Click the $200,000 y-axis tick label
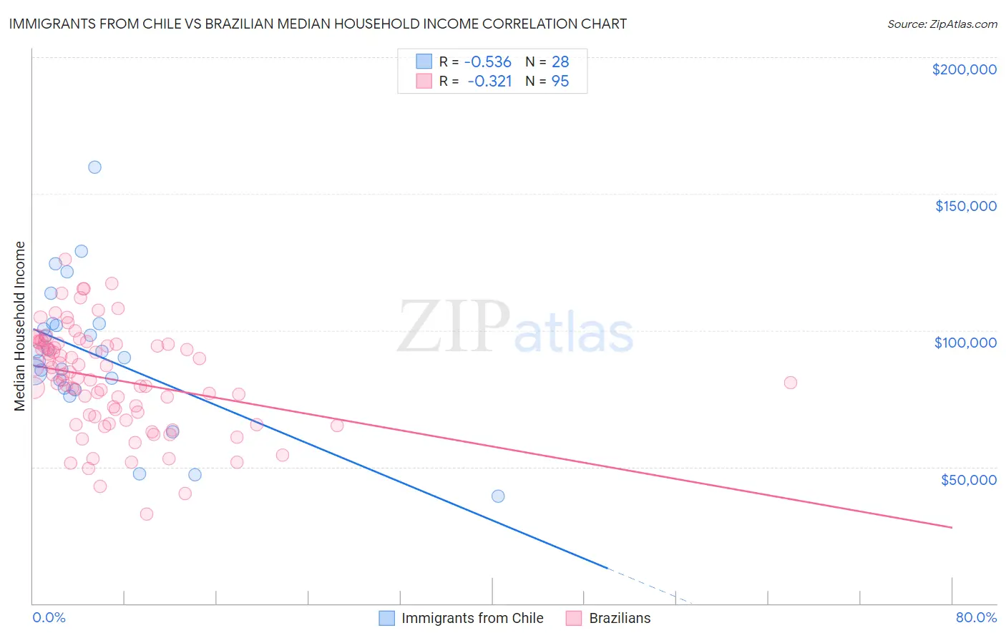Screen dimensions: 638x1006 point(964,69)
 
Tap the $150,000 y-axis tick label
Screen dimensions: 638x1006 point(965,206)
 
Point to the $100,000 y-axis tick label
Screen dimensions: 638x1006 point(965,343)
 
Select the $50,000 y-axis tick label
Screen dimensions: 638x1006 point(968,479)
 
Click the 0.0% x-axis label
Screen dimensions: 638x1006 point(49,617)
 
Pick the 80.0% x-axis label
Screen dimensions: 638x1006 point(976,617)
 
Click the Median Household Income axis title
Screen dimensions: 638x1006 point(20,326)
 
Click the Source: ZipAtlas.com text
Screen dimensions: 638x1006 point(942,24)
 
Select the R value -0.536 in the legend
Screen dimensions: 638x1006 point(487,62)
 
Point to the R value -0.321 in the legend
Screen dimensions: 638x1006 point(489,82)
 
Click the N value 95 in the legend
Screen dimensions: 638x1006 point(560,82)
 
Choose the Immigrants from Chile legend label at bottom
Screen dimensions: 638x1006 point(472,618)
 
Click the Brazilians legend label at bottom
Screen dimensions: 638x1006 point(620,618)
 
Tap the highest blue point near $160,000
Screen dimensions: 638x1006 point(94,167)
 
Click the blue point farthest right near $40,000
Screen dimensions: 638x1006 point(498,496)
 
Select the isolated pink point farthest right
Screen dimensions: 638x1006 point(791,383)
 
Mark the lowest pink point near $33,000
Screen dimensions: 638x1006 point(147,514)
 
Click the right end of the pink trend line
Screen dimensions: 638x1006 point(952,527)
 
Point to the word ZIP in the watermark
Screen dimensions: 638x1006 point(454,327)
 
